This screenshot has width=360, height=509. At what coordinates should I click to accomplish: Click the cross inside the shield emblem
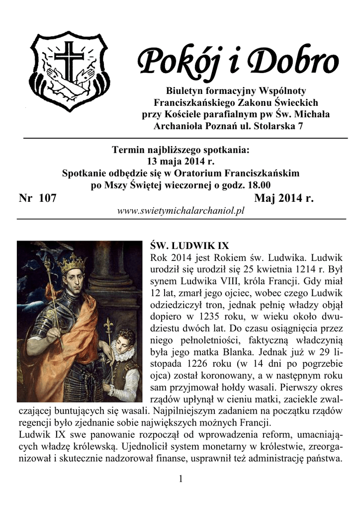pos(69,60)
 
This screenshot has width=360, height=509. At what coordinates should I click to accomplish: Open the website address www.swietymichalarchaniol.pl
pos(181,211)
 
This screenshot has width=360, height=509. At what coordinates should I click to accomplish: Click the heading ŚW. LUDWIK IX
pos(189,246)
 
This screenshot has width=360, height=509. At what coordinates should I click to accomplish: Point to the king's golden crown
pos(73,262)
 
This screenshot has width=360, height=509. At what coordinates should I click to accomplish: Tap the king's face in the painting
pos(75,282)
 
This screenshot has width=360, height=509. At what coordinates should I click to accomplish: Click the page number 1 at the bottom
pos(180,479)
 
